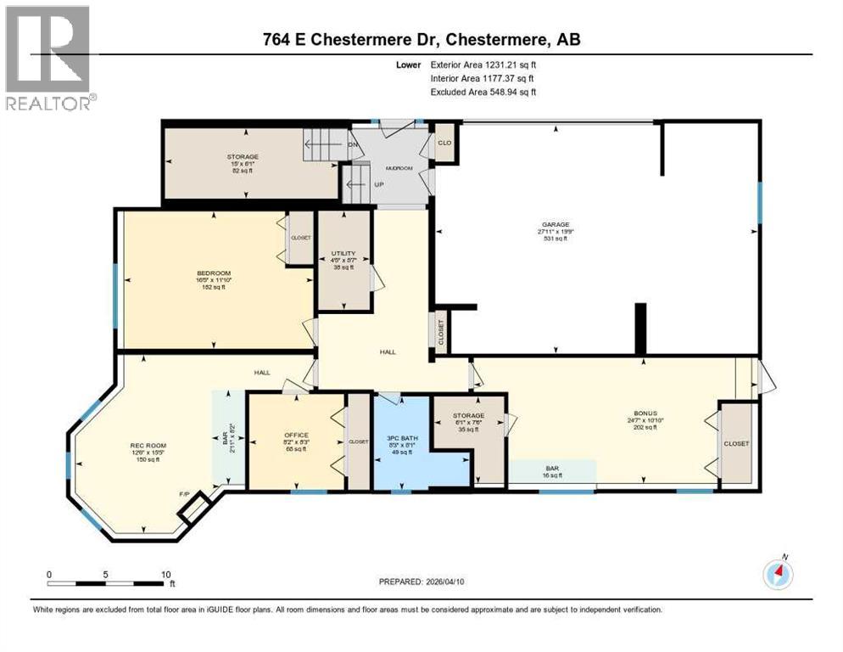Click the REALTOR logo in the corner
pyautogui.click(x=47, y=57)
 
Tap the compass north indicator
pyautogui.click(x=778, y=573)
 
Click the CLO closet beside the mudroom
pyautogui.click(x=444, y=143)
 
